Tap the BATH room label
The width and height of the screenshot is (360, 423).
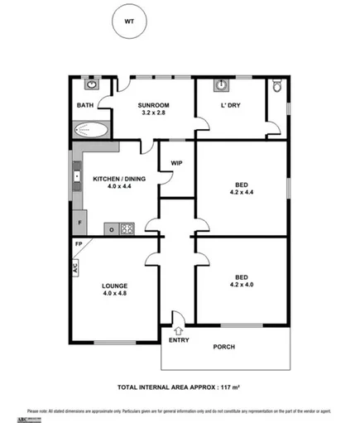[x=85, y=105]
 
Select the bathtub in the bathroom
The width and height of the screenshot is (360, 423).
[x=91, y=129]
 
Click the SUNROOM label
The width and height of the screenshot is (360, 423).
[x=154, y=105]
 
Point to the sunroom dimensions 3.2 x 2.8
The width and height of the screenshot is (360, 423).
[x=154, y=114]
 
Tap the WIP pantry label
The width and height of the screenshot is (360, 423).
[x=176, y=163]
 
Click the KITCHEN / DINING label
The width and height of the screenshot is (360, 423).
[x=113, y=178]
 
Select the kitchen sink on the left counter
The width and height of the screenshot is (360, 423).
[x=76, y=176]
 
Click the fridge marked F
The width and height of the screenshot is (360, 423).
[x=79, y=224]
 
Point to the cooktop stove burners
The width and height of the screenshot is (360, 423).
[x=127, y=228]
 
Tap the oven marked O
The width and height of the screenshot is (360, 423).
[x=109, y=229]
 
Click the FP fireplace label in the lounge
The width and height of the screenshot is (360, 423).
[x=79, y=245]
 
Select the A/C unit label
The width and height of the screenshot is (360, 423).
[x=74, y=267]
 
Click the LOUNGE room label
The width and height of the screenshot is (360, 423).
[x=115, y=286]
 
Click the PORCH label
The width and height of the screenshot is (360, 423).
[x=224, y=346]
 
